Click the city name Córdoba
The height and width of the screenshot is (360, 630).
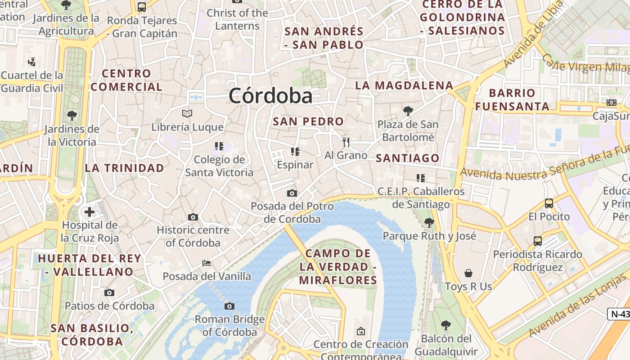point(270,96)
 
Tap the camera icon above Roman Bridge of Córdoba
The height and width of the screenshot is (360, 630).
point(229,306)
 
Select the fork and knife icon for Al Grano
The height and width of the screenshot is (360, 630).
point(346,142)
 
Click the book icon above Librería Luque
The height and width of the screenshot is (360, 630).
point(187,114)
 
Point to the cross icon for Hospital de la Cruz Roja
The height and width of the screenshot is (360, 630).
point(90,211)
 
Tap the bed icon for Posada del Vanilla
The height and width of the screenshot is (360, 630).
point(207,263)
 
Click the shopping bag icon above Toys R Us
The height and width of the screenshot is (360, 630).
point(468,273)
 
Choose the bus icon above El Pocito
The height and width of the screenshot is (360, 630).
point(549,203)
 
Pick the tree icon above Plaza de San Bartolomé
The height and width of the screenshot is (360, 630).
point(408,111)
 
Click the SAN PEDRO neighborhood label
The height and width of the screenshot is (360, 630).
point(308,121)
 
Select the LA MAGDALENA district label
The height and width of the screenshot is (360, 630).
point(404,85)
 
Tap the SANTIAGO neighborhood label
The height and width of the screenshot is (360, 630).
point(407,158)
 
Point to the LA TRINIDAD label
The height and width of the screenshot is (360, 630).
point(125,168)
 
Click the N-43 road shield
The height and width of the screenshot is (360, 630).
point(619,314)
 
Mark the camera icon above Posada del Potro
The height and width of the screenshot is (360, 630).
point(292,193)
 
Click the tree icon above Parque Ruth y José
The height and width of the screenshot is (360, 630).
point(429,222)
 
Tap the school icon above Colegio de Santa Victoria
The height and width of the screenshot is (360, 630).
point(219,146)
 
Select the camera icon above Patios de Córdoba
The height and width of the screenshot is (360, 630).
point(109,293)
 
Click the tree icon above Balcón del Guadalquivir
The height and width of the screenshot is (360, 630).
point(445,325)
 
